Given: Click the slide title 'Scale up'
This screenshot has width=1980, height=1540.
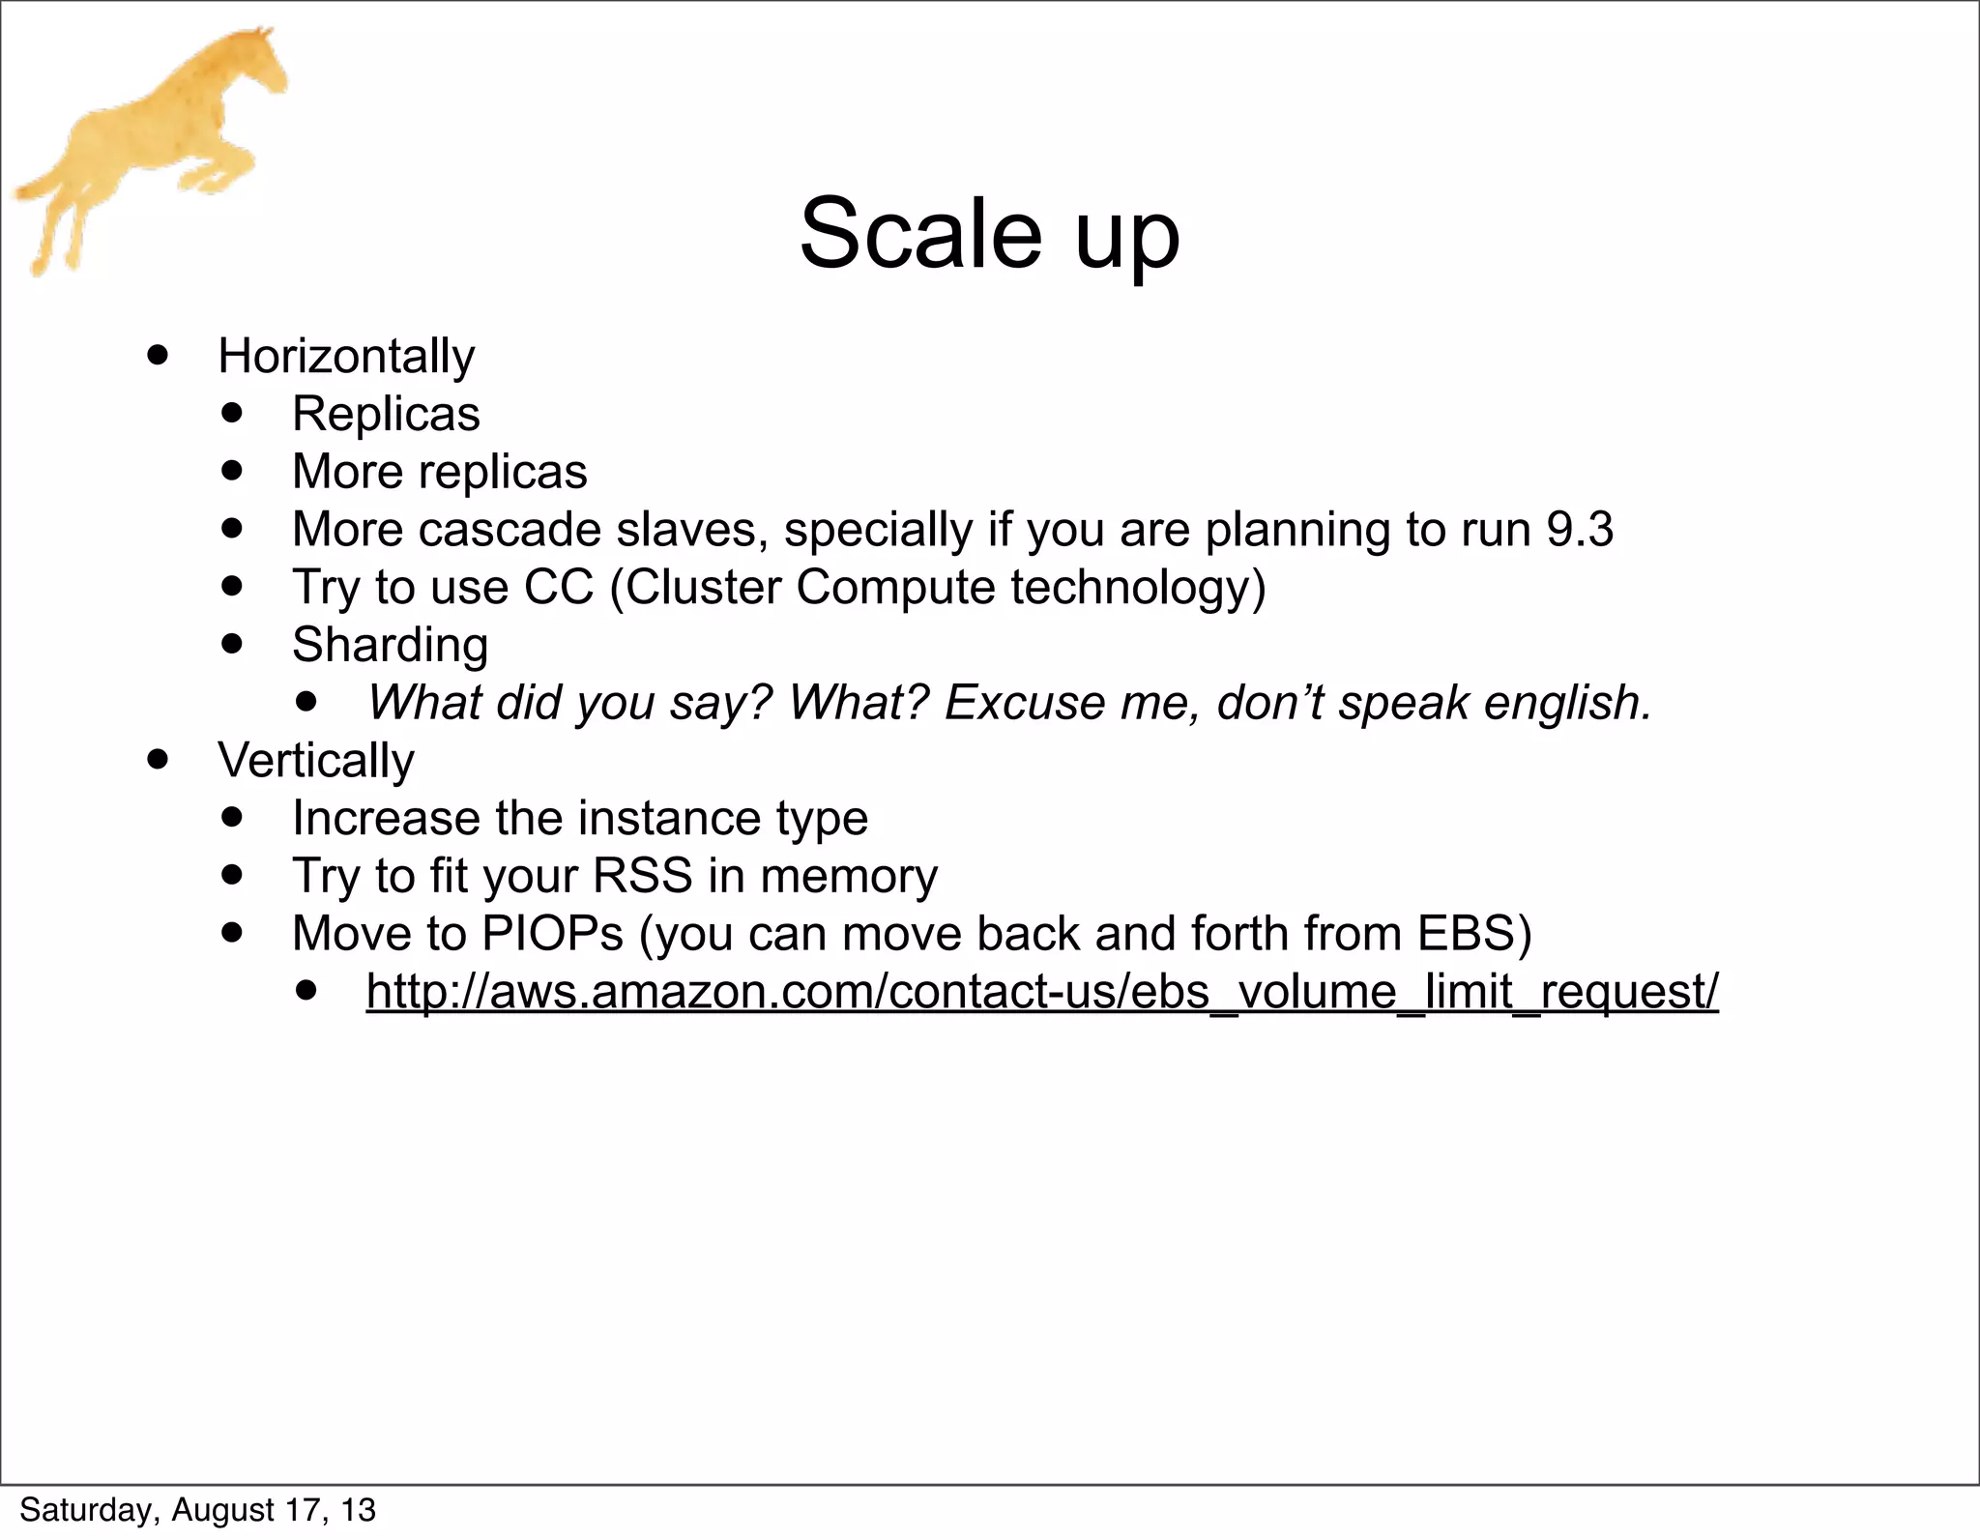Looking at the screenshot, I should (989, 235).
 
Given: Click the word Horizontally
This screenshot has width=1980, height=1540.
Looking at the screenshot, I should (346, 356).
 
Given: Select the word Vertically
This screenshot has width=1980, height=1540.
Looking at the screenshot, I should (315, 760).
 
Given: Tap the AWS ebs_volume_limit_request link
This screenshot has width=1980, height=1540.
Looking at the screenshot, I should (1041, 991).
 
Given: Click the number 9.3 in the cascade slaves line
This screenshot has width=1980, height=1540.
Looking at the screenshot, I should (1579, 530).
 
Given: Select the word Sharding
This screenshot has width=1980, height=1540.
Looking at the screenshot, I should (390, 645).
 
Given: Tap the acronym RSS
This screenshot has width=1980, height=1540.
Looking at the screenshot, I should (642, 876).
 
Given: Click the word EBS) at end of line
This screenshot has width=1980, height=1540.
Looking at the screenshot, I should (1474, 934).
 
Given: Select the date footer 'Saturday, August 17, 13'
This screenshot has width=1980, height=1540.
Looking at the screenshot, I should (197, 1510).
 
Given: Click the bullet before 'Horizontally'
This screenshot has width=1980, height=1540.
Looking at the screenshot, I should (158, 355).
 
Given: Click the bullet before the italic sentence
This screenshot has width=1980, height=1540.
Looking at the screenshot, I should (306, 701).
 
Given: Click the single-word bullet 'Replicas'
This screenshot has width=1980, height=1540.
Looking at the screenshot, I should (386, 414).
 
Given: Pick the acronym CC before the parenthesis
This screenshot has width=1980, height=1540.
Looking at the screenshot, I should (558, 588).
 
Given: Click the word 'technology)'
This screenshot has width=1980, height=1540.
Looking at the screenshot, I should (1138, 588).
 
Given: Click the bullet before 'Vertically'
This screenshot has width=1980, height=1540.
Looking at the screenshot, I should (158, 759).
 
